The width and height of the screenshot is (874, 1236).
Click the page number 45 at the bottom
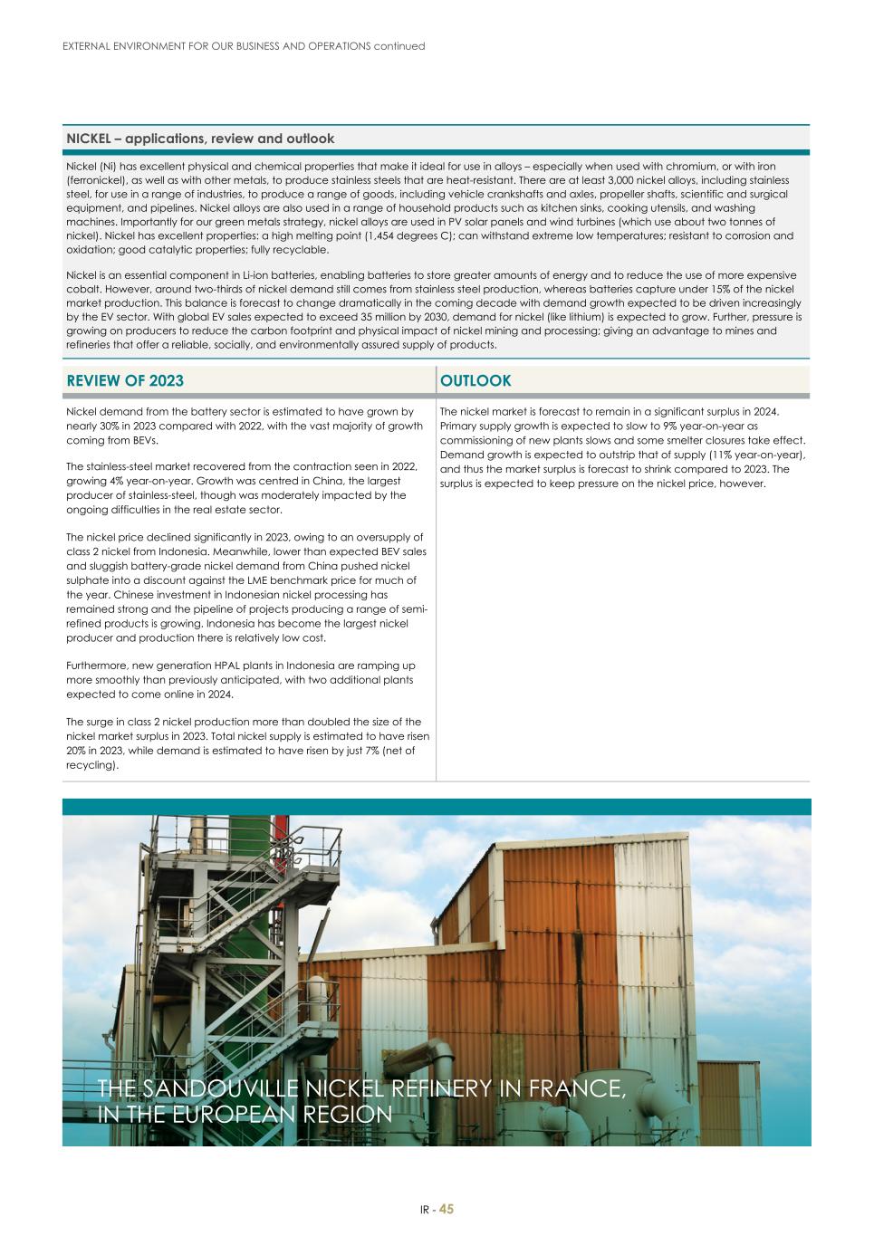coord(447,1210)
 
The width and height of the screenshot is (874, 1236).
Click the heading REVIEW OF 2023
coord(125,381)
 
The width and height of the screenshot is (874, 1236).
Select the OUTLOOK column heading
coord(475,381)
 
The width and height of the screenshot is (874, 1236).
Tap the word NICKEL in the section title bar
coord(88,139)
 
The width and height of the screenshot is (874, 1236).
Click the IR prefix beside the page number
coord(425,1211)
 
